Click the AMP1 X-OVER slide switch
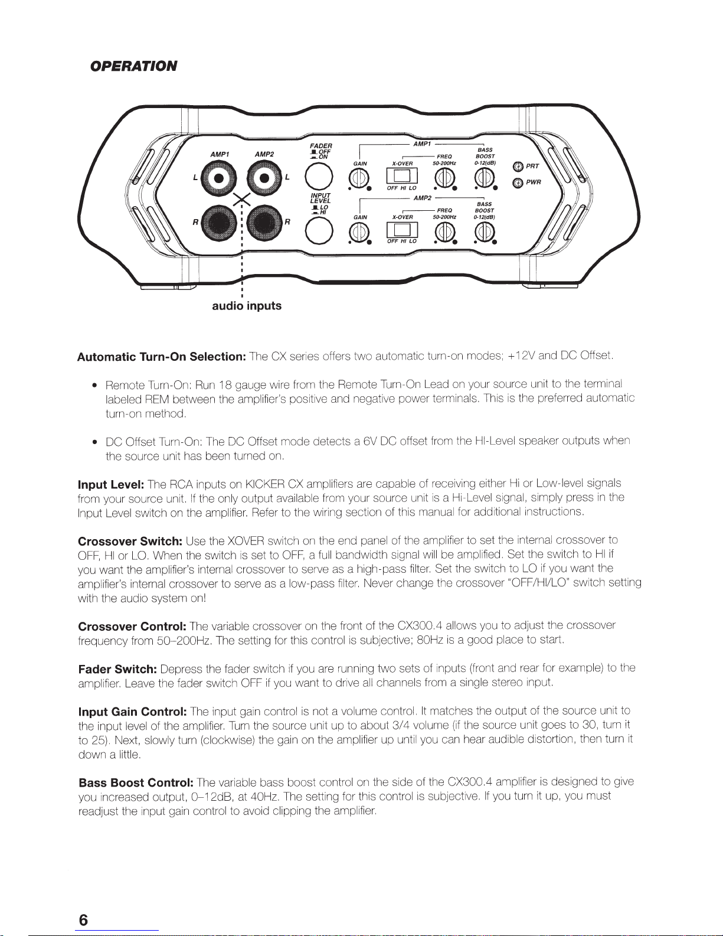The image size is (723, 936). pyautogui.click(x=402, y=175)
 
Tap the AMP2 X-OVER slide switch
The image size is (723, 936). pyautogui.click(x=402, y=230)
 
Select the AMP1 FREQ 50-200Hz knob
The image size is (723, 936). pyautogui.click(x=444, y=178)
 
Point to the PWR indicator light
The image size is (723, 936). pyautogui.click(x=518, y=182)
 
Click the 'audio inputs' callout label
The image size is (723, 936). pyautogui.click(x=247, y=306)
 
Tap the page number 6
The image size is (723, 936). pyautogui.click(x=84, y=920)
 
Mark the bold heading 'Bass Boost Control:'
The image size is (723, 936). pyautogui.click(x=136, y=782)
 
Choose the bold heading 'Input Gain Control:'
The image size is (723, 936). pyautogui.click(x=133, y=711)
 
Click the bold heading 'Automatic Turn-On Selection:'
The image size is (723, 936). pyautogui.click(x=162, y=357)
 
